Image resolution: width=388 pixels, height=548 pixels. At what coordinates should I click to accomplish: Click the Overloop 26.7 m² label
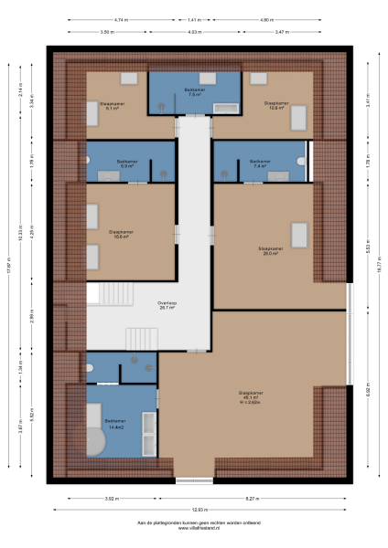[x=167, y=305]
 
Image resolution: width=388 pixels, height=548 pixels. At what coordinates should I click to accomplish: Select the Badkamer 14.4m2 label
[x=116, y=427]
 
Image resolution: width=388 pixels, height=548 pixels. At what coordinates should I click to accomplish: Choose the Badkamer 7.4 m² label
[x=259, y=164]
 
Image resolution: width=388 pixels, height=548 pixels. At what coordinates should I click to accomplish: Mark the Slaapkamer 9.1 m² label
[x=113, y=106]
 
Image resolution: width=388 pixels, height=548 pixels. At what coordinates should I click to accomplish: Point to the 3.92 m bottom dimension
[x=112, y=498]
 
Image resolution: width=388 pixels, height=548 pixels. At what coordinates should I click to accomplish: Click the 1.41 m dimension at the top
[x=194, y=19]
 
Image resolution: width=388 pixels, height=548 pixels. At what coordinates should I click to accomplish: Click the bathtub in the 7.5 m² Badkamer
[x=225, y=109]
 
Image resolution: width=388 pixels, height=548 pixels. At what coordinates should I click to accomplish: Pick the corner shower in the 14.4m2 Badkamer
[x=95, y=444]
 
